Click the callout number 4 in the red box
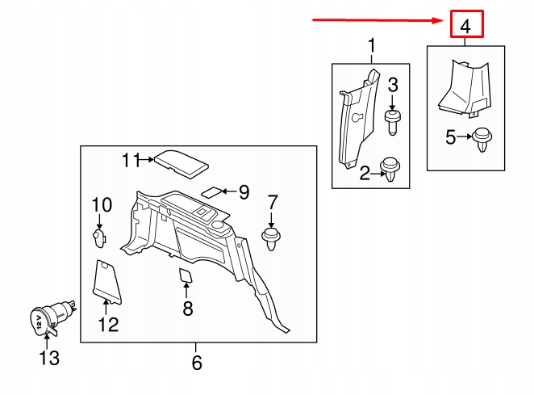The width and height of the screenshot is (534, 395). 465,26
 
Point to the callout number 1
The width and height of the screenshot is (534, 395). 372,45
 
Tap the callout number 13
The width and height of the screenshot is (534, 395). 49,358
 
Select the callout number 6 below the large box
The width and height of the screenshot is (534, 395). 197,363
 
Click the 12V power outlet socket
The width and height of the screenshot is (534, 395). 51,318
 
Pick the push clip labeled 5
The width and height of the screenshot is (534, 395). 482,140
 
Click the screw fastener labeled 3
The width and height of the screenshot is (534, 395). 392,122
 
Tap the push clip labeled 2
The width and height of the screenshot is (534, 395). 390,169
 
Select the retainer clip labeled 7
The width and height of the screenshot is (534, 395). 271,239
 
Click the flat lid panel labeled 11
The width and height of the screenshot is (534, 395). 181,163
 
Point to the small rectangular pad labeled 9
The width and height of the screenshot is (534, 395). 212,191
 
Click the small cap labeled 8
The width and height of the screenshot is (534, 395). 186,275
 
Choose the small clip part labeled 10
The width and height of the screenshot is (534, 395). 99,237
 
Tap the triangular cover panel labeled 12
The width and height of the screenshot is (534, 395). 106,282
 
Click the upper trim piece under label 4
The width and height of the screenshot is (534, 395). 465,89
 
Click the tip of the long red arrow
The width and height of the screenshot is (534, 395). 444,20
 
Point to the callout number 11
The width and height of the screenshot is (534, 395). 131,160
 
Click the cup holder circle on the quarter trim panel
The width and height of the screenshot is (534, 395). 217,225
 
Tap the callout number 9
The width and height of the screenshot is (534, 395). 244,192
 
